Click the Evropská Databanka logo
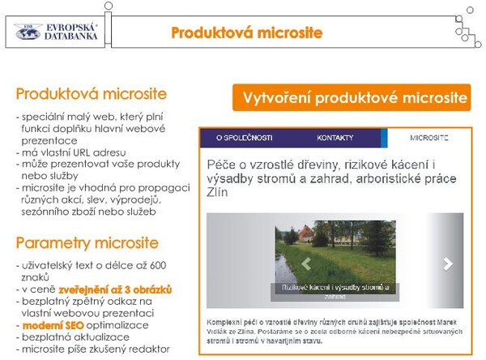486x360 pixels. click(56, 32)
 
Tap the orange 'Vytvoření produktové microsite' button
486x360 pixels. click(350, 97)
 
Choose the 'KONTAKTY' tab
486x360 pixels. click(335, 137)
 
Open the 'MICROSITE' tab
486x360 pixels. click(429, 137)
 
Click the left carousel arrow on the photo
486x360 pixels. click(306, 264)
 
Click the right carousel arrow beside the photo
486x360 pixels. click(446, 264)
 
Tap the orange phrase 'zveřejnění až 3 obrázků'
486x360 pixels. click(122, 289)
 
